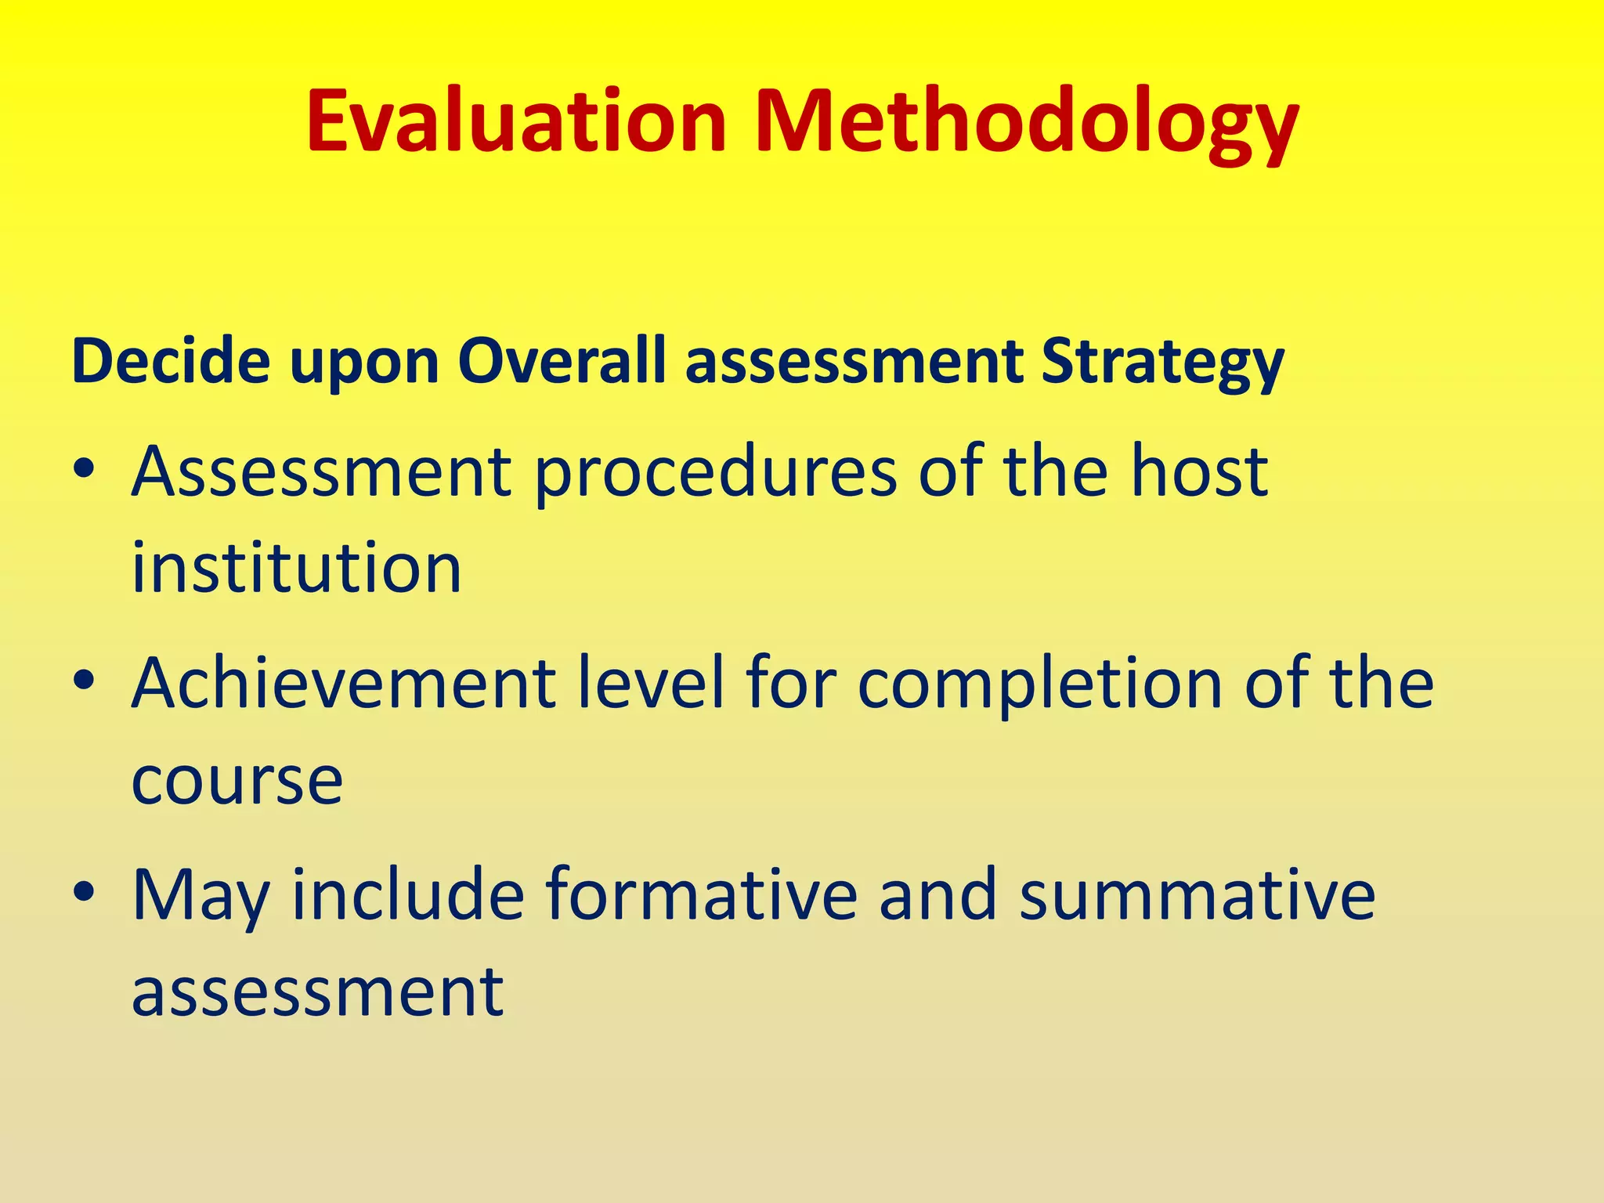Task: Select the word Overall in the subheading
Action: [562, 361]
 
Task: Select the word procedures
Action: [715, 474]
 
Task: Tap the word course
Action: [237, 782]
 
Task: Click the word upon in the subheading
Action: [364, 364]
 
